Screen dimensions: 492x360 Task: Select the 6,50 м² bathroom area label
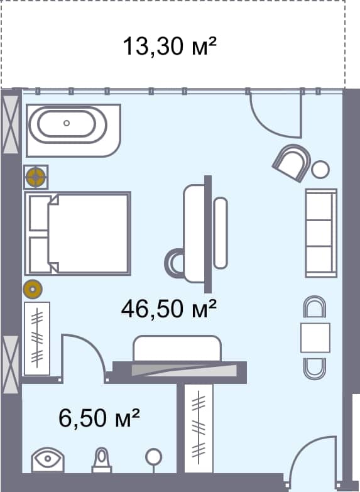click(x=99, y=417)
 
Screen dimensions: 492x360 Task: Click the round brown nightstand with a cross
click(x=36, y=177)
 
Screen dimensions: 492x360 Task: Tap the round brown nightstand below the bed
click(x=33, y=289)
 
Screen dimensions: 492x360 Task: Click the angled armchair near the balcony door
click(x=291, y=162)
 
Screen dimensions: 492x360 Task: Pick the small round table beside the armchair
click(x=320, y=169)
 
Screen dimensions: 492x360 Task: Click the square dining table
click(x=315, y=337)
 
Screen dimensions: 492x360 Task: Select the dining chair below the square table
click(x=315, y=368)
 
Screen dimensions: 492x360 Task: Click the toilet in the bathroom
click(x=102, y=460)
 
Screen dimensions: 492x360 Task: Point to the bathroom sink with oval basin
click(x=47, y=459)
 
